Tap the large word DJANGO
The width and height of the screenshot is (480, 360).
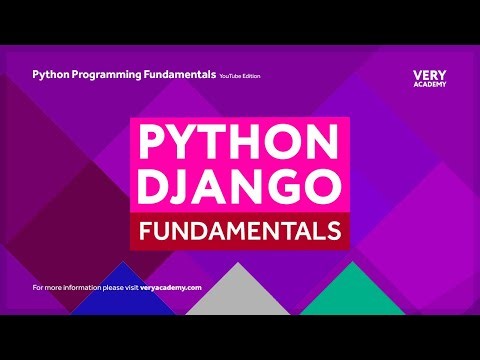tap(239, 186)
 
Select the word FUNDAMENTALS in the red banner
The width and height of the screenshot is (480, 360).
tap(239, 231)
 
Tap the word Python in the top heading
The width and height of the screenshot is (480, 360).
tap(52, 74)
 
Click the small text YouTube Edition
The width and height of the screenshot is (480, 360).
tap(241, 75)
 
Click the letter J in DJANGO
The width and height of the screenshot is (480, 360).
tap(197, 186)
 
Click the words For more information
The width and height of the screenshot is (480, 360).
tap(62, 287)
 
